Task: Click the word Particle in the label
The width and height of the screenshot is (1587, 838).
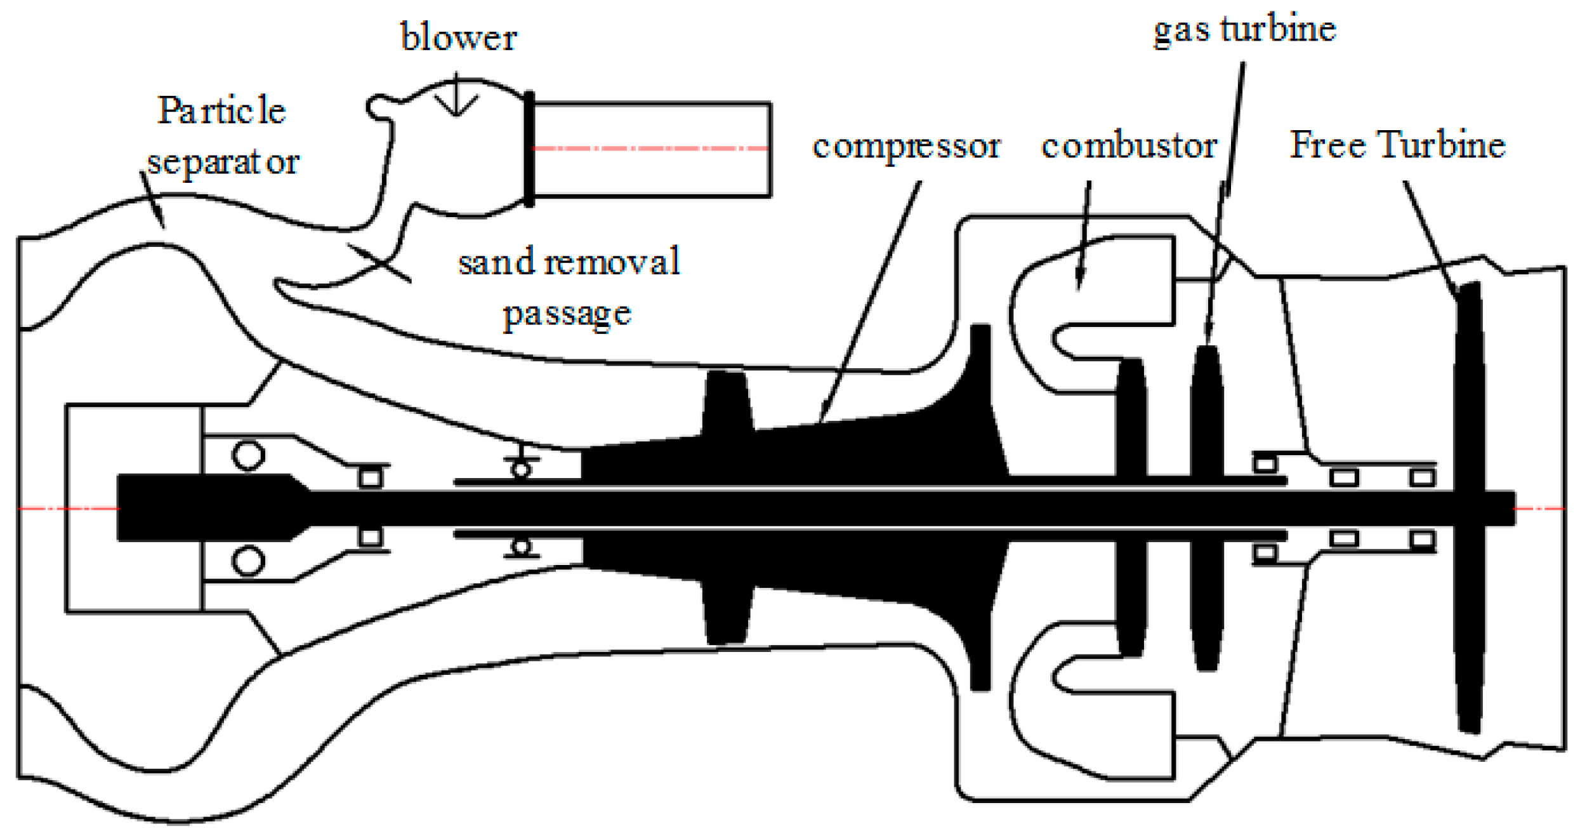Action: click(x=221, y=111)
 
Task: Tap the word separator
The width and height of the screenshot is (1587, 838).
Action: click(x=223, y=163)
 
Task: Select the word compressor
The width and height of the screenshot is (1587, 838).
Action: click(x=906, y=147)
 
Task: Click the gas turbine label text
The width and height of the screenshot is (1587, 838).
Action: click(x=1244, y=29)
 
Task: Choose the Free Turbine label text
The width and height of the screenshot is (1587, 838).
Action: click(x=1397, y=145)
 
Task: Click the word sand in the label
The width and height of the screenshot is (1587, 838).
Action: click(x=496, y=262)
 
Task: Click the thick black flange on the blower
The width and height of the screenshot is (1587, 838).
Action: click(x=529, y=149)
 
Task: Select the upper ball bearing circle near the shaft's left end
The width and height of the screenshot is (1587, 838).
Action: click(x=248, y=455)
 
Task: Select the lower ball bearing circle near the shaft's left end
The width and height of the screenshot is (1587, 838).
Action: click(x=248, y=561)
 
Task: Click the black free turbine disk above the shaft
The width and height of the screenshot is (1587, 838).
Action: click(x=1468, y=387)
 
